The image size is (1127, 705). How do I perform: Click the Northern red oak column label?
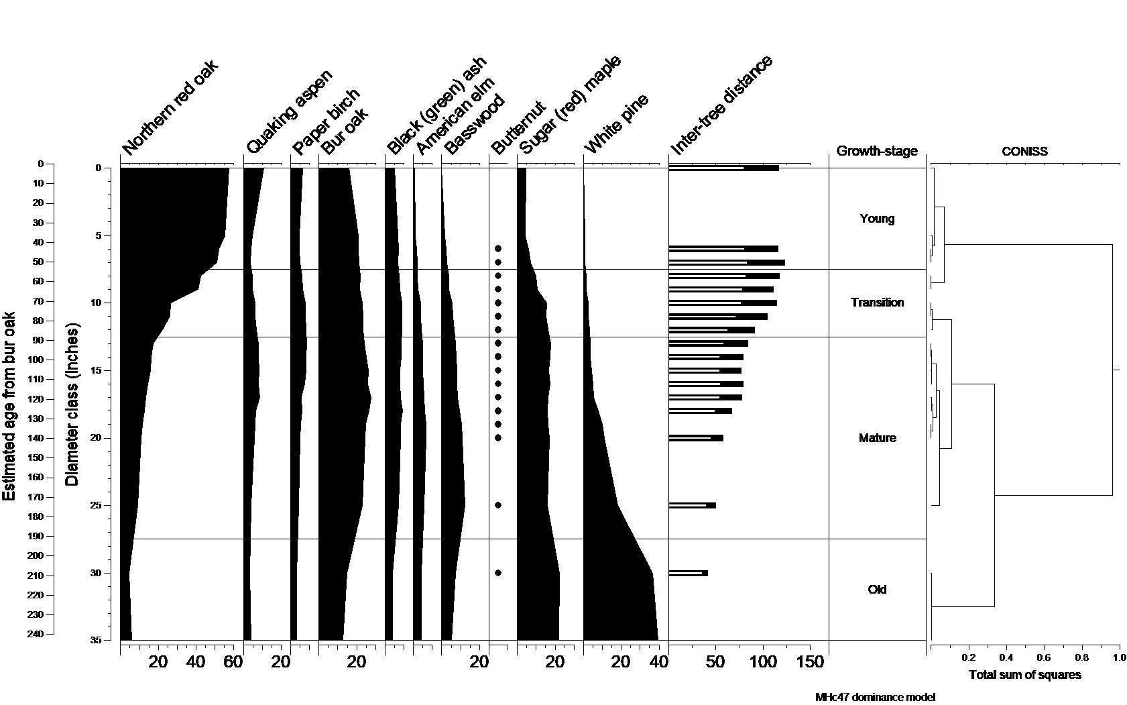coord(171,107)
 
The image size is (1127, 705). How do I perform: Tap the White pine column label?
coord(617,125)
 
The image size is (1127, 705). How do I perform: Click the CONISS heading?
coord(1024,152)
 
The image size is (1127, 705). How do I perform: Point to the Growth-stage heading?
coord(877,152)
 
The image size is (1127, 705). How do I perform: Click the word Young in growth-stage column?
coord(877,219)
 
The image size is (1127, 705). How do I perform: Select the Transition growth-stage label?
coord(877,303)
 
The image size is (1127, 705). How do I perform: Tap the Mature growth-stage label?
coord(877,438)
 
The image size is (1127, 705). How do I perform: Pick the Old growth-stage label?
coord(877,590)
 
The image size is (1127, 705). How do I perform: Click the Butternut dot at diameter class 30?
coord(498,573)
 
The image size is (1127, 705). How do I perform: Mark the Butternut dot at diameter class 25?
coord(498,505)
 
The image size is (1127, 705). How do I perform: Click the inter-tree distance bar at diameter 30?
coord(688,573)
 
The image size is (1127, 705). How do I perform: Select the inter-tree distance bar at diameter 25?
coord(692,505)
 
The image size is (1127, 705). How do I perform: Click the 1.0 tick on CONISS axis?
coord(1119,658)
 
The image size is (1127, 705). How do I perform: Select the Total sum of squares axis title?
coord(1024,675)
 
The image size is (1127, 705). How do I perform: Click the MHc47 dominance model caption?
coord(875,697)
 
